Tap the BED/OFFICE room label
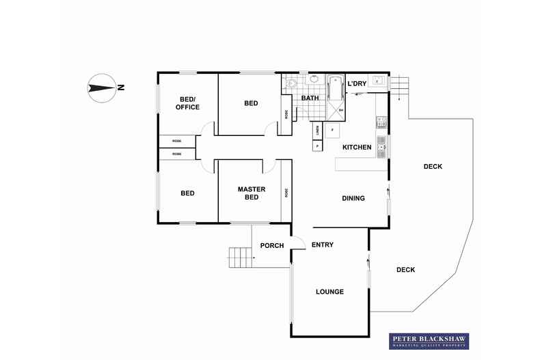point(187,102)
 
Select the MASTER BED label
point(252,193)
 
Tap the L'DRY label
point(357,84)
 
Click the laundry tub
point(377,82)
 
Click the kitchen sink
point(381,145)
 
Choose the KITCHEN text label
point(357,148)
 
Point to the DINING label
point(353,199)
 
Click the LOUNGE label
point(329,292)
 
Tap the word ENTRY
point(323,245)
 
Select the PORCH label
point(272,246)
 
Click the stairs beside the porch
point(240,258)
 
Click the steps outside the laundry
point(399,85)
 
